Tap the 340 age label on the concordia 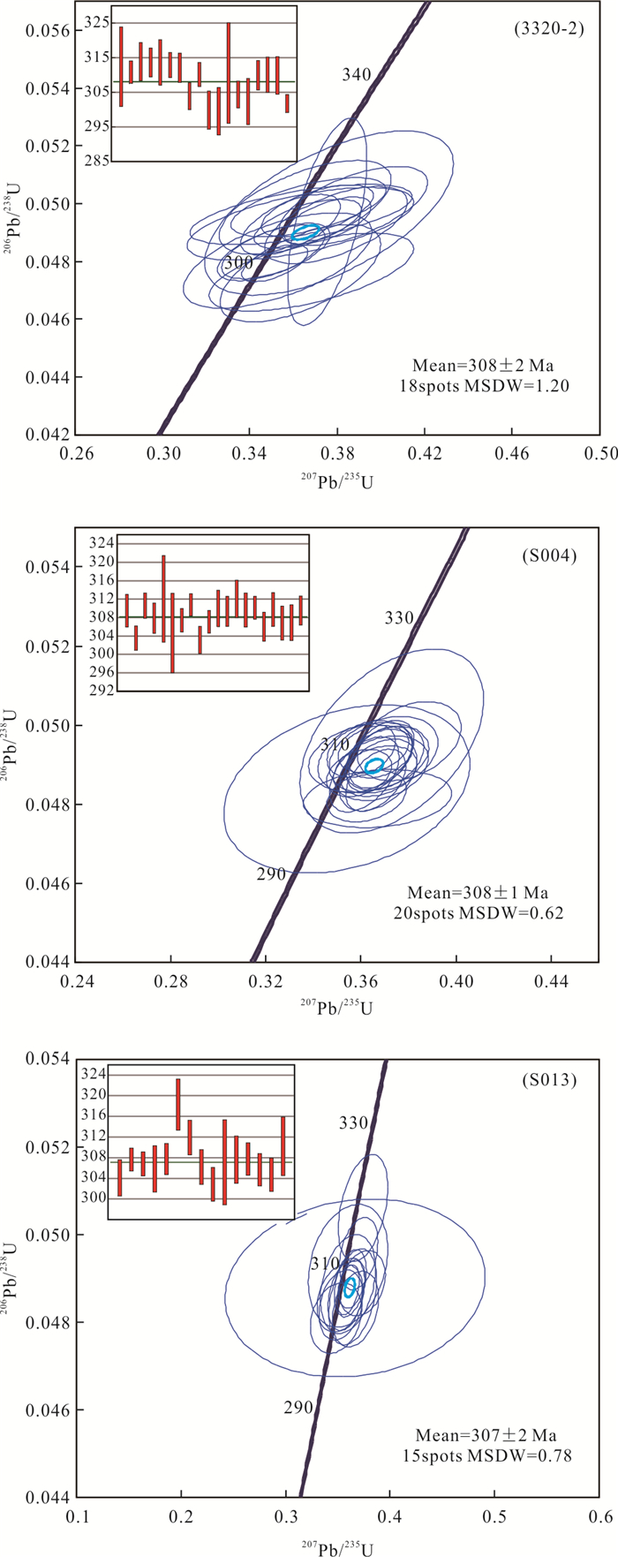pyautogui.click(x=357, y=75)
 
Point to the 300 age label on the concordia pyautogui.click(x=237, y=262)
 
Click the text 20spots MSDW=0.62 pyautogui.click(x=486, y=912)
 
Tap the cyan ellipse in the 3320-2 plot pyautogui.click(x=305, y=232)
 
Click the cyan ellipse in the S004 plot pyautogui.click(x=374, y=765)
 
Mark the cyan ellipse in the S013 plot pyautogui.click(x=350, y=1286)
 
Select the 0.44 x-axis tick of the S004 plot pyautogui.click(x=551, y=980)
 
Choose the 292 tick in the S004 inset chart pyautogui.click(x=103, y=691)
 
